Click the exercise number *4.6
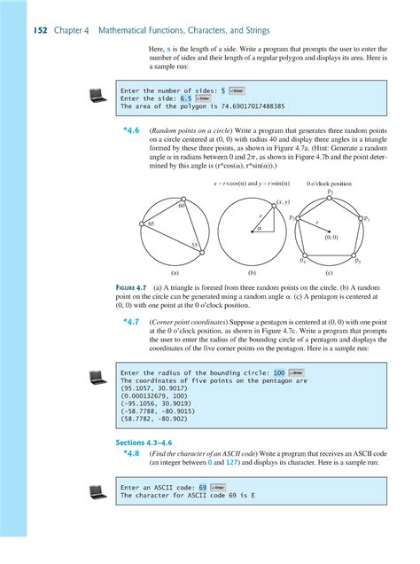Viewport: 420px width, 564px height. (x=131, y=130)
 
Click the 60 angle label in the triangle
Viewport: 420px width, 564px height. (x=181, y=206)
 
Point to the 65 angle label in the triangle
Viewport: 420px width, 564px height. (x=152, y=225)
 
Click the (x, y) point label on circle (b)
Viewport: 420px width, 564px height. (x=283, y=202)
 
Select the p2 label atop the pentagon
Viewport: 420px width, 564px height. (x=331, y=192)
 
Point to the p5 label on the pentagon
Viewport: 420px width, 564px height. (x=357, y=262)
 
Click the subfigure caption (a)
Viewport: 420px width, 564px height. (x=175, y=276)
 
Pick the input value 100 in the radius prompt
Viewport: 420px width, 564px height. (x=279, y=372)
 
